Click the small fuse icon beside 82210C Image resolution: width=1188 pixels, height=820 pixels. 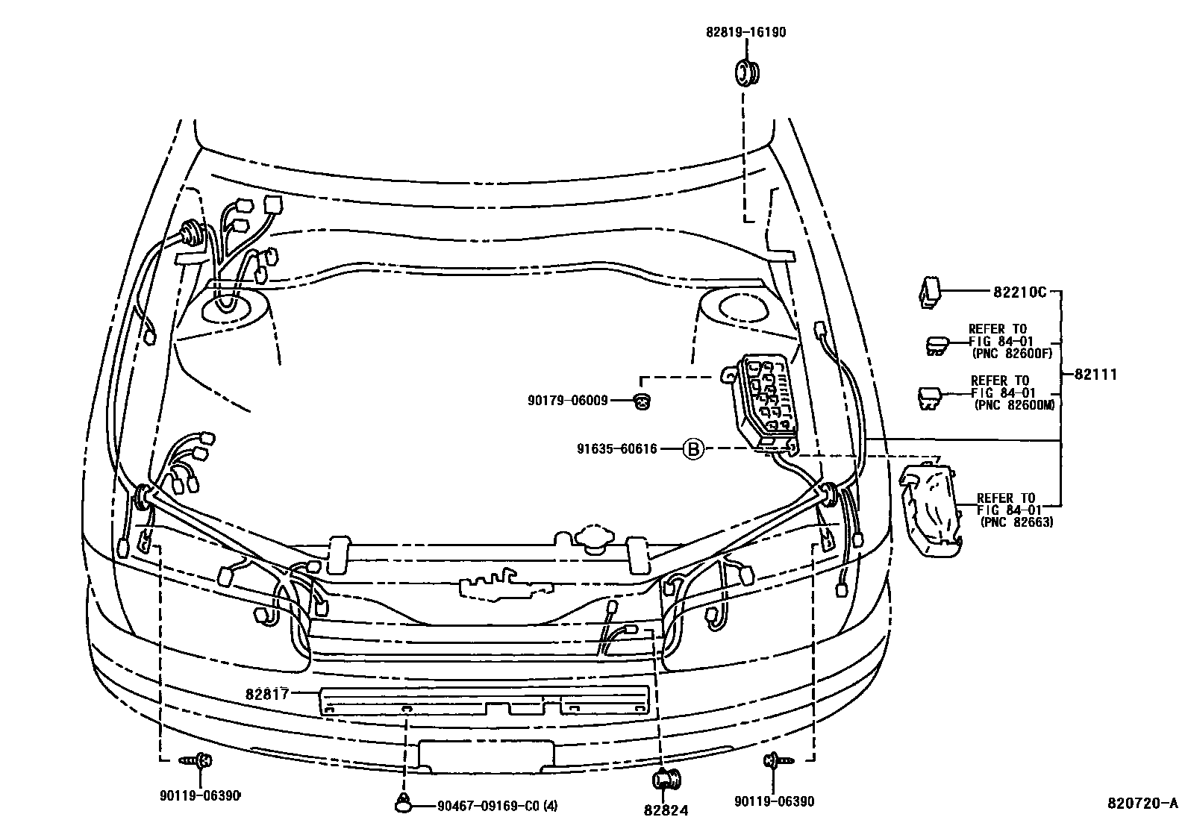coord(928,293)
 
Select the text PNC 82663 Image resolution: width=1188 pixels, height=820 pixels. coord(1017,522)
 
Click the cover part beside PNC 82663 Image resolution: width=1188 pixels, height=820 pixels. coord(930,510)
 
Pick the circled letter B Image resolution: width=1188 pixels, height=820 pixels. coord(693,449)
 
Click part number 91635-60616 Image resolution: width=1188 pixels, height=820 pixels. coord(616,449)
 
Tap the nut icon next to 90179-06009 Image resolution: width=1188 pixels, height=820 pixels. coord(641,401)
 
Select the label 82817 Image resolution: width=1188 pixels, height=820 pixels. coord(267,693)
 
